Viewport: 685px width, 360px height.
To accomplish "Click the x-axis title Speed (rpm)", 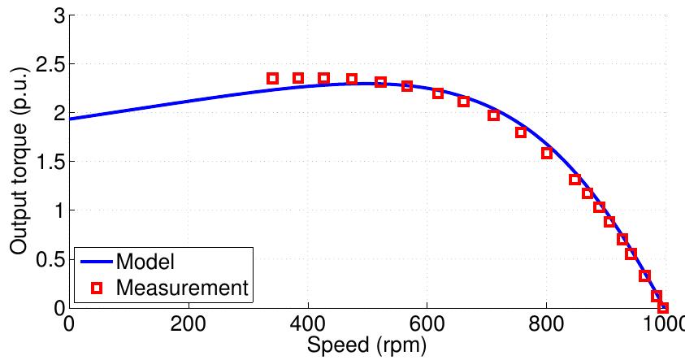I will tap(367, 347).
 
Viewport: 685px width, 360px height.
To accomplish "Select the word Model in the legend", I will tap(145, 263).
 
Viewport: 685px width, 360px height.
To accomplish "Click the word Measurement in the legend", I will tap(181, 287).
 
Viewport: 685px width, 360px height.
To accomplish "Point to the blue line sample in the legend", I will tap(96, 263).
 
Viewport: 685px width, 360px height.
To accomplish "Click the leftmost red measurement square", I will tap(273, 79).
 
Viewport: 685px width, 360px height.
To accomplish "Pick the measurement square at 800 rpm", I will tap(547, 153).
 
